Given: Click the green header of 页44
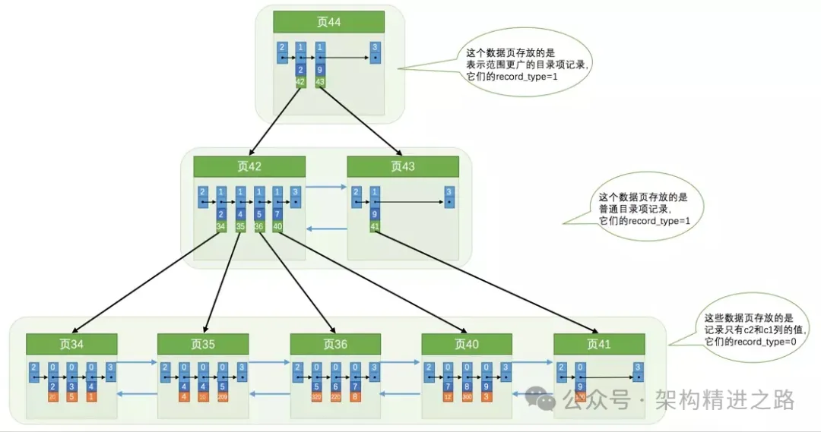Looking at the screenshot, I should click(328, 22).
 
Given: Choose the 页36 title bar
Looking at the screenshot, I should click(335, 344).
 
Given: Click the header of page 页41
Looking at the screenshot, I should click(599, 344).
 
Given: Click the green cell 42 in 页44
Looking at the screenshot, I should click(300, 81).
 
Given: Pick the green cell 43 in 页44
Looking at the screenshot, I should click(320, 81).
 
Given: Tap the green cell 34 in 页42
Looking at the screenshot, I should click(220, 225).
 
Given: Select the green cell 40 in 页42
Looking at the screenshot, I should click(278, 225).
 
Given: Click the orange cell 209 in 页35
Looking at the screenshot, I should click(222, 396).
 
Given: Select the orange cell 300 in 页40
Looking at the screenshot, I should click(467, 396).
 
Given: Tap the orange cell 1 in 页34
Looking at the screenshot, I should click(91, 396).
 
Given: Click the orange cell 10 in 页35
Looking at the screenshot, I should click(203, 396).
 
